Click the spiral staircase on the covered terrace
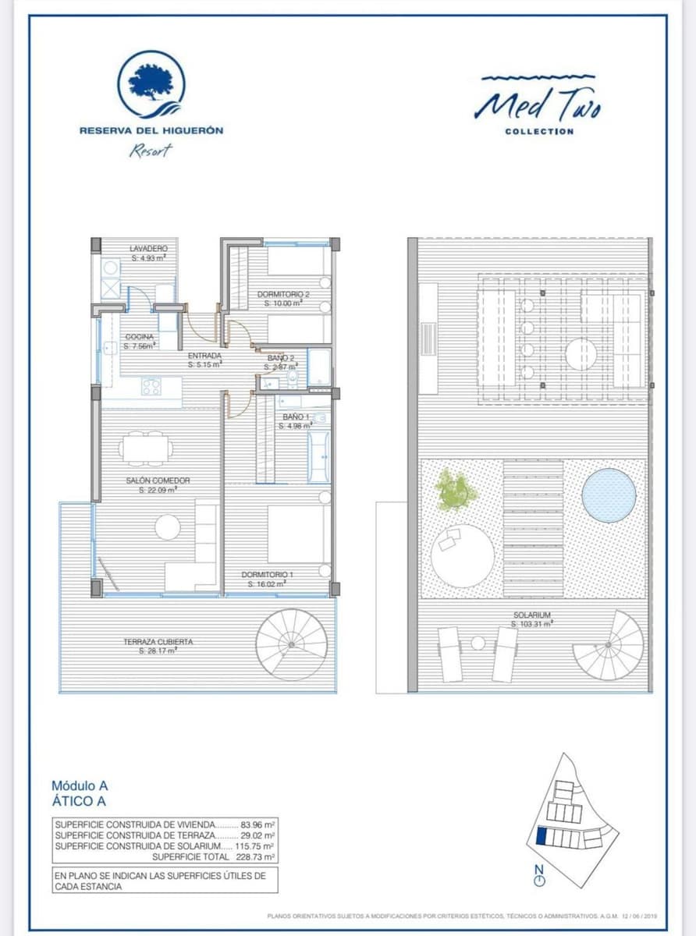[x=292, y=643]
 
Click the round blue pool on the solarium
[x=608, y=495]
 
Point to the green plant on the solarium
[x=455, y=491]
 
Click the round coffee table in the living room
[x=168, y=527]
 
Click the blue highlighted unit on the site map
[x=542, y=837]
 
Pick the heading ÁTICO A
[x=79, y=800]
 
